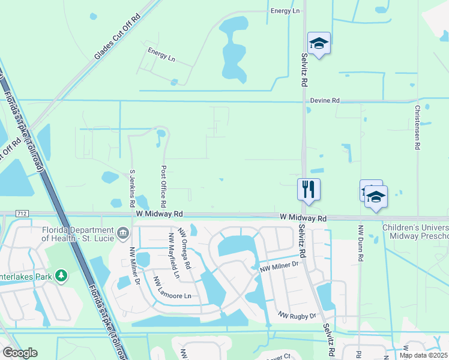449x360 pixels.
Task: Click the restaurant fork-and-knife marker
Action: [x=309, y=189]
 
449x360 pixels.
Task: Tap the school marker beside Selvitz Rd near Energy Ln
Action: [x=319, y=43]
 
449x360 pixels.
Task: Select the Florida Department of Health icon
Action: [x=122, y=232]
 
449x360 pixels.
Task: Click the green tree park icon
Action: [x=61, y=275]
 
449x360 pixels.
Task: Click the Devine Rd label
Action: [x=325, y=101]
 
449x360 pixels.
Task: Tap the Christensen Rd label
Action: [x=417, y=128]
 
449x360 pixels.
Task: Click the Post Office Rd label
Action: [x=163, y=184]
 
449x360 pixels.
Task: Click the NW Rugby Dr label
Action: [x=297, y=315]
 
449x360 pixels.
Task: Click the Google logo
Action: [x=20, y=353]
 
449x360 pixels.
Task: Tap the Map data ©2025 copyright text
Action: [x=424, y=355]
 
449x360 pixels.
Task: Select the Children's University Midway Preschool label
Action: [x=415, y=232]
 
